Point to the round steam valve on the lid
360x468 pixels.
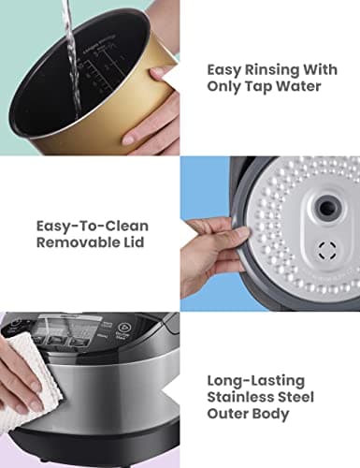[321, 208]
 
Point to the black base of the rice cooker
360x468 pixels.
[94, 454]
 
